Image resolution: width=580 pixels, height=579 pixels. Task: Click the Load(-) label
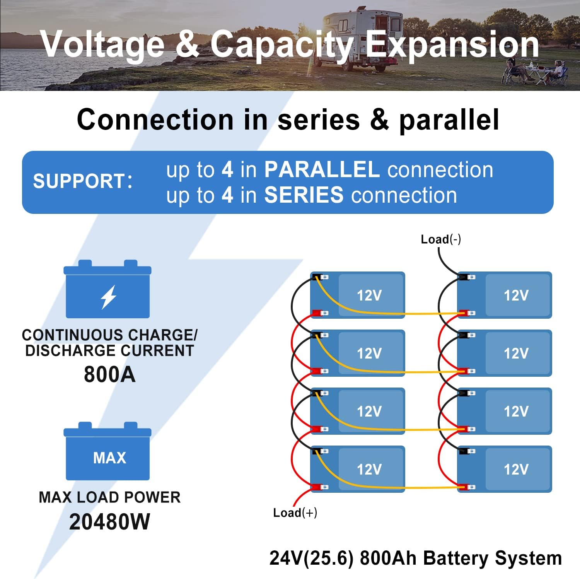pos(440,239)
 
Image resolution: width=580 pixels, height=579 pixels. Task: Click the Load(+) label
pos(295,512)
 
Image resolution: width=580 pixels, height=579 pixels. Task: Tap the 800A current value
pos(109,374)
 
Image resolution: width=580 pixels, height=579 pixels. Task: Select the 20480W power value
pos(109,522)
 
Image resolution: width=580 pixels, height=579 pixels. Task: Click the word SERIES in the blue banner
pos(304,195)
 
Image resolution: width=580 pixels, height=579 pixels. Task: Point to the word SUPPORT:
pos(83,181)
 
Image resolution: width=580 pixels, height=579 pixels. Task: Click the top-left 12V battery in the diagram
pos(358,295)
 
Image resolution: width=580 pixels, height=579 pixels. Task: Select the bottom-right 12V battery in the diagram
pos(505,469)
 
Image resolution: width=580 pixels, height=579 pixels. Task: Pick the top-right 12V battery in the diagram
pos(505,295)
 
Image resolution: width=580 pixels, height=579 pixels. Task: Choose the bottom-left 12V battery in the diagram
pos(358,469)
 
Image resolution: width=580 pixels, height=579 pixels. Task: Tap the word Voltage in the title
pos(102,44)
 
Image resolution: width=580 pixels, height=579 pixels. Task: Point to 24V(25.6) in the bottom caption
pos(311,558)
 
